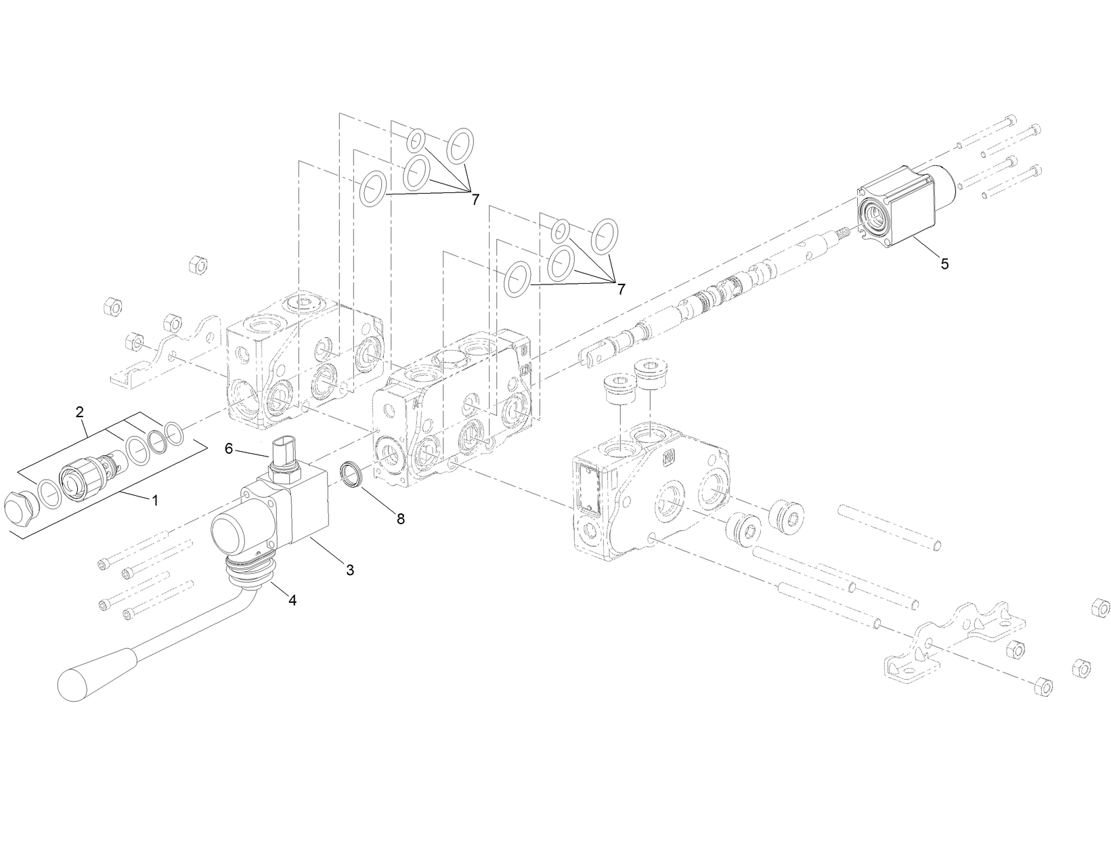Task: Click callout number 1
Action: (155, 500)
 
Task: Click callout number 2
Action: (80, 412)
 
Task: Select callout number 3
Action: (350, 570)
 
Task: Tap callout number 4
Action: (292, 599)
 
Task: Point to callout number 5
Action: (944, 264)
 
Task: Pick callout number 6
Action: (229, 448)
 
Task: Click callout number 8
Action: (401, 519)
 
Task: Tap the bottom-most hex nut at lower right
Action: (1043, 687)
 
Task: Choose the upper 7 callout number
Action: (475, 199)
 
